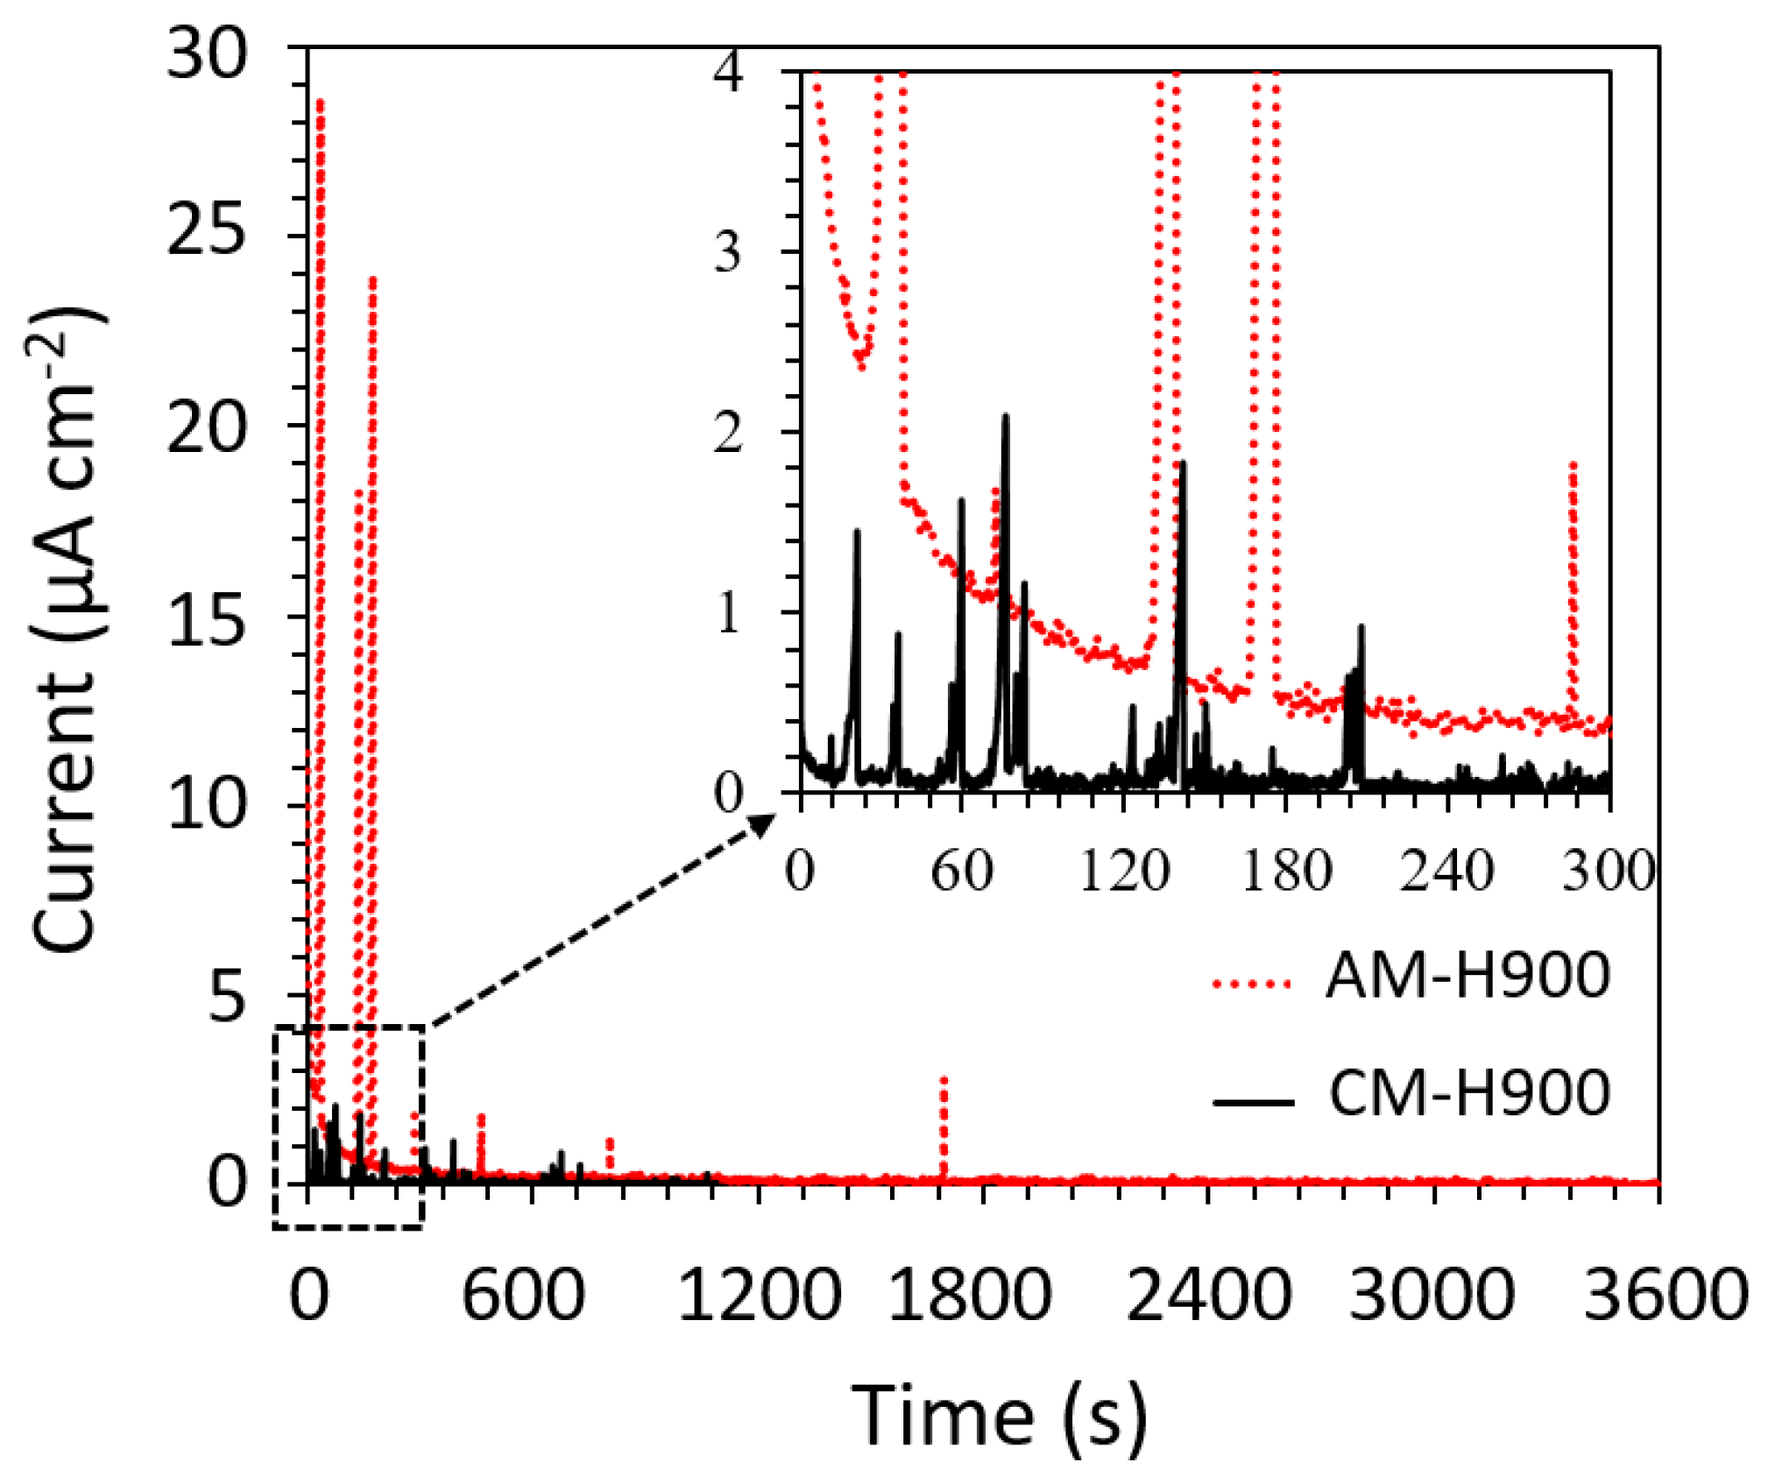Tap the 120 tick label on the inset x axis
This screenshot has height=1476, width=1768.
[x=1122, y=872]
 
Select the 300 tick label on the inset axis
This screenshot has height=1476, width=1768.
[x=1608, y=872]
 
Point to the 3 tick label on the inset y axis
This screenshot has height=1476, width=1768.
[x=727, y=253]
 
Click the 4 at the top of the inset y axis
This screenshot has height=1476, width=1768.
[x=727, y=72]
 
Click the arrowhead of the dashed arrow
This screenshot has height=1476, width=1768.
[x=764, y=823]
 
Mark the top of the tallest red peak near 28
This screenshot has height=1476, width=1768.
[x=320, y=102]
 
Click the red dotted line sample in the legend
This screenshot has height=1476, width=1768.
[x=1252, y=984]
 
